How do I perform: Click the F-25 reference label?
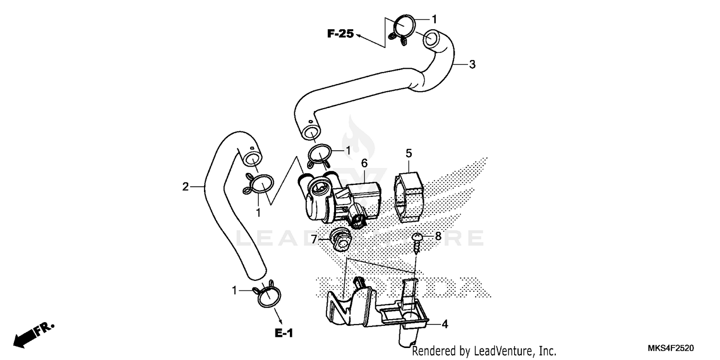click(x=340, y=34)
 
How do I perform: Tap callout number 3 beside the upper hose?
click(x=472, y=64)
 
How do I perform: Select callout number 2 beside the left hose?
click(x=185, y=187)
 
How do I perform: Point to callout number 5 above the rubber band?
click(x=408, y=153)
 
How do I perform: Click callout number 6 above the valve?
click(x=364, y=163)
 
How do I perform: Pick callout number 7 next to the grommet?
click(x=314, y=239)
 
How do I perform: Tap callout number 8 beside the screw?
click(x=438, y=236)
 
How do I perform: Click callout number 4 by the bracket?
click(x=444, y=324)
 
